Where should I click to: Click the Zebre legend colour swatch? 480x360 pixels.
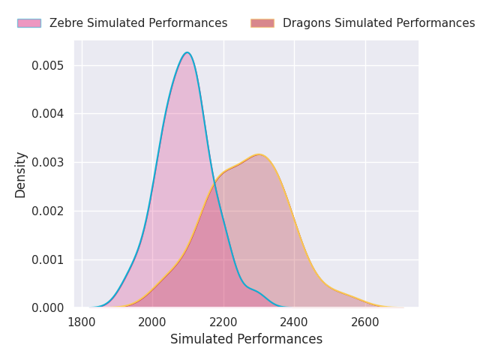(30, 23)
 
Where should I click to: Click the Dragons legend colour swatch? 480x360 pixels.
(262, 23)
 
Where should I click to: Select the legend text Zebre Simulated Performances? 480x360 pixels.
(138, 23)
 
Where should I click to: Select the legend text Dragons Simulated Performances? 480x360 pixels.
(378, 23)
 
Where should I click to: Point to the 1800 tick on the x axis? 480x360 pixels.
(82, 322)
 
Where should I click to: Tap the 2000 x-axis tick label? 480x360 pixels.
(152, 322)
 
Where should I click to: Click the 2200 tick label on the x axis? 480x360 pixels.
(223, 322)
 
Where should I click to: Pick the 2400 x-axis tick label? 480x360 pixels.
(294, 322)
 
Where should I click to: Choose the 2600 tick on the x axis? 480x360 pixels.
(365, 322)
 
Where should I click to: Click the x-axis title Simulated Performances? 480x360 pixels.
(246, 339)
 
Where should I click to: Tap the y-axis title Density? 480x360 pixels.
(21, 174)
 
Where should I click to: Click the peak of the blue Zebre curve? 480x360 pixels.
(187, 52)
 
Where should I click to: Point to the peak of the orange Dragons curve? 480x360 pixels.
(259, 154)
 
